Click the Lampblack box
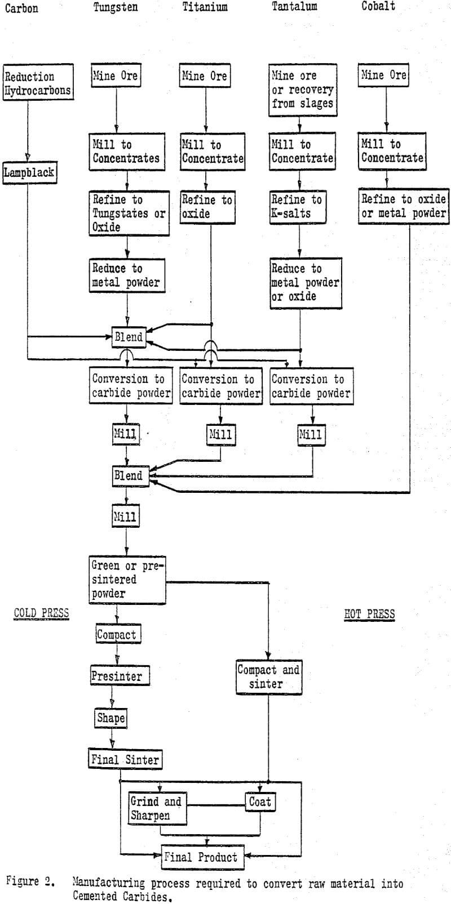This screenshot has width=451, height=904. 30,172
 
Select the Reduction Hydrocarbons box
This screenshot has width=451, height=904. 38,83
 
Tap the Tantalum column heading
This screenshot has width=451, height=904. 294,7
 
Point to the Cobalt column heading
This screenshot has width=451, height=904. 378,7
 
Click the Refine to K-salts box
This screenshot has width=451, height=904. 298,207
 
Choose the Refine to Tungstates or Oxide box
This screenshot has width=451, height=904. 129,213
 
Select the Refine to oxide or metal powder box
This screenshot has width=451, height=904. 403,206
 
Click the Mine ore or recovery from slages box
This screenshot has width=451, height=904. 302,90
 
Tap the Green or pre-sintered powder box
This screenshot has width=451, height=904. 127,580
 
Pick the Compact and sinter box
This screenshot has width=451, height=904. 268,678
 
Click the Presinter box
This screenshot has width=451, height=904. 120,676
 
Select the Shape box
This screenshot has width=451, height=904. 110,718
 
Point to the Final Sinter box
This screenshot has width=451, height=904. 125,759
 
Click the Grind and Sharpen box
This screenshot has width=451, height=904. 157,808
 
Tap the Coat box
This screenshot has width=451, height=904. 260,801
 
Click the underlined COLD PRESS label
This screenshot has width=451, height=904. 41,613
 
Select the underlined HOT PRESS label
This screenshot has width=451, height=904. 369,613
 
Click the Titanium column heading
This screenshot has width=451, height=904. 205,7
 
